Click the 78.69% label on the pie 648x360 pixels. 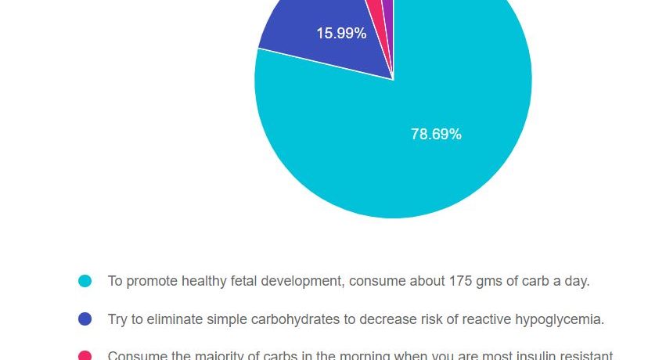point(436,134)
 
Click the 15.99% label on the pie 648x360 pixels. point(341,34)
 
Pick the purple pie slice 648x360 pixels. point(388,8)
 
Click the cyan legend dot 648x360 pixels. point(85,281)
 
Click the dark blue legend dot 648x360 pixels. point(85,319)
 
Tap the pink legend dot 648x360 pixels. point(85,356)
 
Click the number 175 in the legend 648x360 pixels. point(461,281)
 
